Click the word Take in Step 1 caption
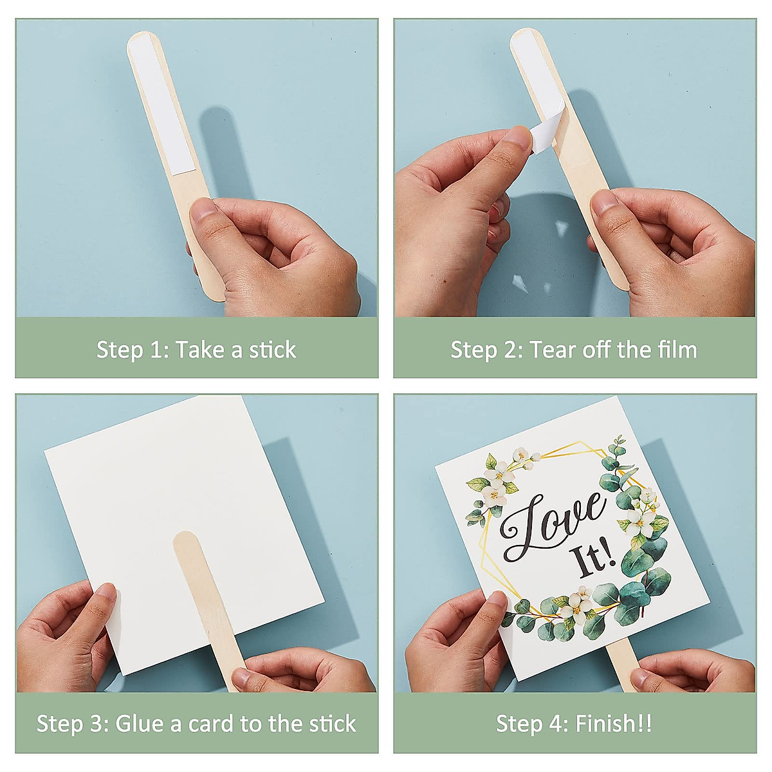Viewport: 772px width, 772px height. [199, 350]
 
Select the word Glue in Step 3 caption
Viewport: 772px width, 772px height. [139, 724]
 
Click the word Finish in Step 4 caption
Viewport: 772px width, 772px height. [602, 724]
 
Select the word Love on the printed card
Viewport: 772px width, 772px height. [553, 524]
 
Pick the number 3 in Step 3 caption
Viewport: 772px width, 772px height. [97, 724]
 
